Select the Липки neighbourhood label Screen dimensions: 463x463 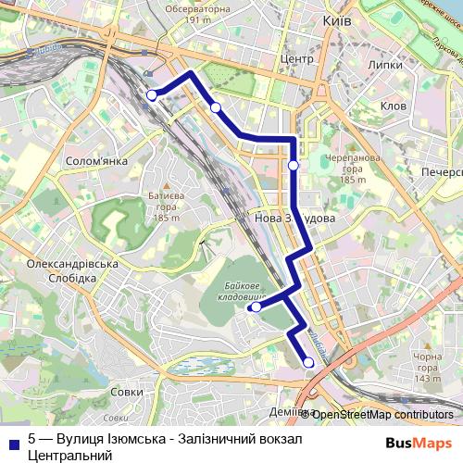click(384, 66)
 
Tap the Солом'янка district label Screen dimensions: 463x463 click(96, 161)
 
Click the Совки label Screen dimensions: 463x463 click(126, 392)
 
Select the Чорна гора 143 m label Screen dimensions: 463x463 click(427, 368)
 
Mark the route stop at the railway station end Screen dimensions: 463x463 click(152, 94)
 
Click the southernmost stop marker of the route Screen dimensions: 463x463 click(308, 363)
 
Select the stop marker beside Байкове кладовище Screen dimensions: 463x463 click(256, 307)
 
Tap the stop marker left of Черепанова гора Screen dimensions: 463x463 click(294, 166)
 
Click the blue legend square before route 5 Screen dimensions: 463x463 click(13, 441)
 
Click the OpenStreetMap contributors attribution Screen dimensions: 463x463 click(382, 414)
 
